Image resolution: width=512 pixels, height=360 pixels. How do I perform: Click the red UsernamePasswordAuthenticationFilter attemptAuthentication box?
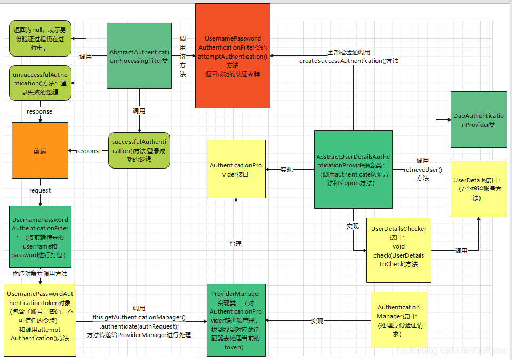tap(233, 55)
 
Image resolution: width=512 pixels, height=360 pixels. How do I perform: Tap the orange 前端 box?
tap(40, 150)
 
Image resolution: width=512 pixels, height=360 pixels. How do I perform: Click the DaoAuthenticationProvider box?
tap(478, 119)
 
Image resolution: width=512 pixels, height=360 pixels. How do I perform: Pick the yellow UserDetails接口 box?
tap(478, 188)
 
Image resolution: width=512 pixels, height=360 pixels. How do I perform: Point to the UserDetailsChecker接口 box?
tap(398, 250)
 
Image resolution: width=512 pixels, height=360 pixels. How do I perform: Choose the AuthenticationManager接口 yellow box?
tap(398, 320)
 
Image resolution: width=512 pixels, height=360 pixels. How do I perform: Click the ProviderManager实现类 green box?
tap(236, 320)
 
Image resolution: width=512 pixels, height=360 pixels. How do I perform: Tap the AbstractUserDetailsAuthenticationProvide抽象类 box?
tap(353, 169)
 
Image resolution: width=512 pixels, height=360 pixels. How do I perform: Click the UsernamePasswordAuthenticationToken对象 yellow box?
tap(40, 320)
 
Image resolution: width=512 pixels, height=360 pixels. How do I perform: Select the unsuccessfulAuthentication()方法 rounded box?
tap(40, 83)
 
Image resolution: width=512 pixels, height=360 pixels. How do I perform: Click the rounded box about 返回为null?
tap(40, 39)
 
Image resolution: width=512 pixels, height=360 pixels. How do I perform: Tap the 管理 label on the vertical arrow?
tap(236, 243)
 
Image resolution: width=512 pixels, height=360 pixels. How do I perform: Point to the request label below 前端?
tap(40, 190)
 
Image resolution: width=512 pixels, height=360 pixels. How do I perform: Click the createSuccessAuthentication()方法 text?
tap(349, 61)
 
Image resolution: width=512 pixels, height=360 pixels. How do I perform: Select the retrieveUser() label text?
tap(422, 170)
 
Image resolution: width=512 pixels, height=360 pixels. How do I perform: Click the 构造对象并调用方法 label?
tap(40, 274)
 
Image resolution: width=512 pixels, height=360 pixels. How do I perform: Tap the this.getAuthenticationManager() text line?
tap(139, 317)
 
